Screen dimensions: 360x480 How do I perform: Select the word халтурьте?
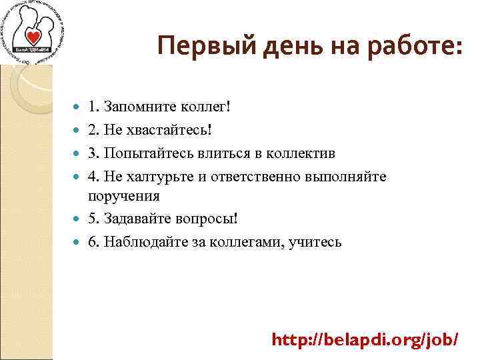coord(158,176)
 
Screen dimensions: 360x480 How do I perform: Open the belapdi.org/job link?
coord(365,339)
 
